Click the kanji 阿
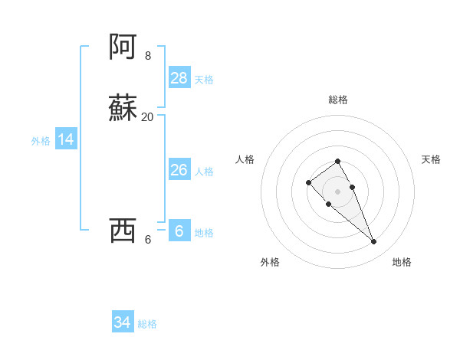124,47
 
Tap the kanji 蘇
124,108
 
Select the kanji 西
124,230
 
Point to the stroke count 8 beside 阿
148,56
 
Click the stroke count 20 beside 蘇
148,117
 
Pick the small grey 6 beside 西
148,239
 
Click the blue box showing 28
179,78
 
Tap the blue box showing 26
179,170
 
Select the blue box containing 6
179,231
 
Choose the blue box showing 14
66,139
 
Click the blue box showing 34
123,322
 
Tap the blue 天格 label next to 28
204,80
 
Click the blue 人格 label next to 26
204,172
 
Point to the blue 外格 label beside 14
41,141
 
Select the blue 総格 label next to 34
147,324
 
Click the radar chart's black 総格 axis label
337,100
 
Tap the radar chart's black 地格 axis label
402,262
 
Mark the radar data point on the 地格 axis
374,242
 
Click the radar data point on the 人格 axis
308,182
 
